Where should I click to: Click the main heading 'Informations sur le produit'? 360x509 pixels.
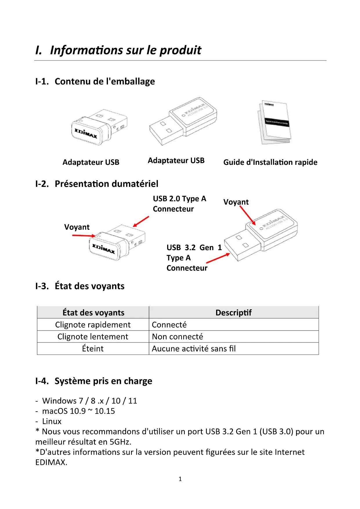click(x=125, y=50)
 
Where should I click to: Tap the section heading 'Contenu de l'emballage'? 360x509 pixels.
click(x=104, y=82)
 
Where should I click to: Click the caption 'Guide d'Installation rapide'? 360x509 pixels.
click(x=270, y=162)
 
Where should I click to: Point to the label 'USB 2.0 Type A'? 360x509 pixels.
click(x=179, y=199)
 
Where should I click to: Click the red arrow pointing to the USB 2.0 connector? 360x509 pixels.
click(x=141, y=221)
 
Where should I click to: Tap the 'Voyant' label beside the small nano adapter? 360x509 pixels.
click(x=77, y=227)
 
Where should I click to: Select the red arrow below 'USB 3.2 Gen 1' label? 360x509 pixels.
click(x=218, y=258)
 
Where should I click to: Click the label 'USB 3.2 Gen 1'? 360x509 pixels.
click(x=194, y=248)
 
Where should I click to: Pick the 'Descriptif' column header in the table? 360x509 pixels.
click(x=233, y=313)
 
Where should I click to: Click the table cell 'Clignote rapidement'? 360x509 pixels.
click(x=93, y=325)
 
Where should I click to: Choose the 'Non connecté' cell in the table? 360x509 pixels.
click(x=177, y=337)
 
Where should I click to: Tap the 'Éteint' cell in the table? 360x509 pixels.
click(x=93, y=349)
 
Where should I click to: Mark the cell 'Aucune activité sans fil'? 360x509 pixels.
click(x=193, y=349)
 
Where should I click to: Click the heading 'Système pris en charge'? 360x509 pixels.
click(x=103, y=381)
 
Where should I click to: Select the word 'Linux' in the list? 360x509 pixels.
click(x=52, y=421)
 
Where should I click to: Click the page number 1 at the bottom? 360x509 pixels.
click(x=180, y=479)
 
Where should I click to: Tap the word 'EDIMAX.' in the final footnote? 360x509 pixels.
click(x=51, y=462)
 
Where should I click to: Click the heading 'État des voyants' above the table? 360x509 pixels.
click(x=89, y=286)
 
